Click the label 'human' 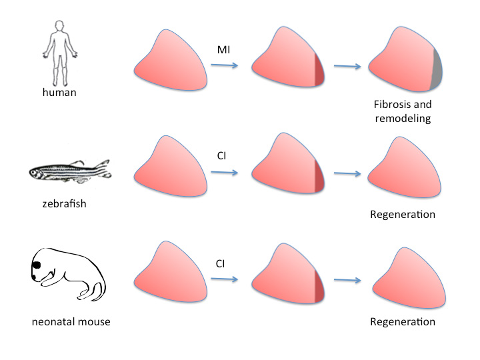59,92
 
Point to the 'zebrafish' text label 59,203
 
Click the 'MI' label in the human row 224,51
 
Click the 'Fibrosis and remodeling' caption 403,112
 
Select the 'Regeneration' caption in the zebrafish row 403,215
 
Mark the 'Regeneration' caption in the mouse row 403,321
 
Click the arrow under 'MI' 225,65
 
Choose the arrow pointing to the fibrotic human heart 349,66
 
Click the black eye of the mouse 35,265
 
